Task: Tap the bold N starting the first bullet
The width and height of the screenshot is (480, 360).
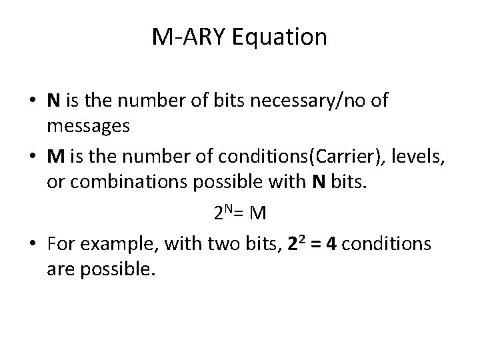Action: click(53, 101)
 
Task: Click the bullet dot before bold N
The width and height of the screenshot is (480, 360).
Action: click(33, 101)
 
